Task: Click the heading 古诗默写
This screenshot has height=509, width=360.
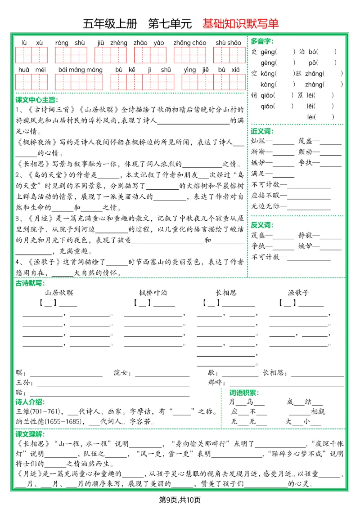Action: click(x=30, y=283)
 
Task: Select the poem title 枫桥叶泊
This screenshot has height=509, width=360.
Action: click(x=153, y=293)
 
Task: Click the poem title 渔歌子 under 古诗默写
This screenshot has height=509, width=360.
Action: click(x=298, y=293)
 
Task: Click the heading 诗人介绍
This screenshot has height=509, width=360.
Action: click(x=30, y=402)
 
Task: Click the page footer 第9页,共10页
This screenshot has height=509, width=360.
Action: click(x=180, y=500)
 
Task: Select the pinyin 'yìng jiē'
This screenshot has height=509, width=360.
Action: click(x=196, y=70)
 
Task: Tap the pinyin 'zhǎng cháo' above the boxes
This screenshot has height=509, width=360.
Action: click(x=190, y=43)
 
